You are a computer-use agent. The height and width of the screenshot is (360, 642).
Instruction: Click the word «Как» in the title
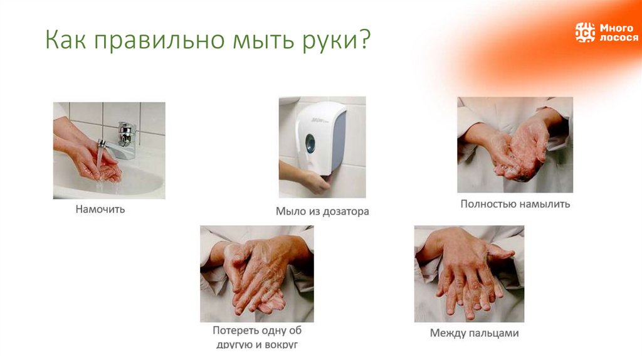pyautogui.click(x=65, y=41)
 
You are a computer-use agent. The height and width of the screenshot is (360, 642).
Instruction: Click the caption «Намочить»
pyautogui.click(x=100, y=209)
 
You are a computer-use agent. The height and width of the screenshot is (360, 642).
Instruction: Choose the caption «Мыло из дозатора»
pyautogui.click(x=322, y=211)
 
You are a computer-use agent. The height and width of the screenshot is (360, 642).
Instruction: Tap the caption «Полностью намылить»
pyautogui.click(x=515, y=204)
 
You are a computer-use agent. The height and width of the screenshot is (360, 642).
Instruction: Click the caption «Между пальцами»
pyautogui.click(x=474, y=333)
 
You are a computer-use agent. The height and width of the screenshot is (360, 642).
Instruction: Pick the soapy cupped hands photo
pyautogui.click(x=515, y=145)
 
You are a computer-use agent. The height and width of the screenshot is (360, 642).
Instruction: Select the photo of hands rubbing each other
pyautogui.click(x=256, y=274)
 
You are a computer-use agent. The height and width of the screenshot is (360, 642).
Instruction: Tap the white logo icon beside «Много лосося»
pyautogui.click(x=585, y=33)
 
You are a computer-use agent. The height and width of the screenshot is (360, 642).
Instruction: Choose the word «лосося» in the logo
pyautogui.click(x=618, y=38)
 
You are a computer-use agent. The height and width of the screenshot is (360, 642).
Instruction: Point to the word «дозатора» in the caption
pyautogui.click(x=347, y=211)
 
